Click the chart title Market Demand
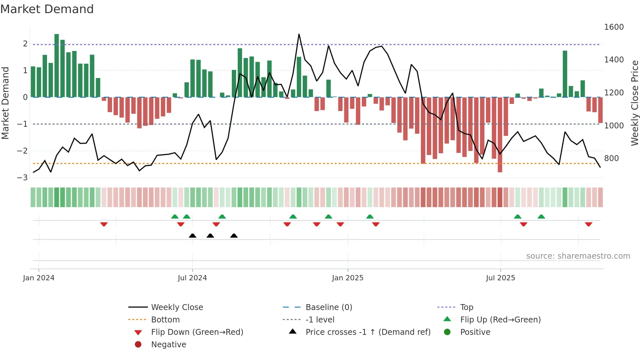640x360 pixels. [47, 9]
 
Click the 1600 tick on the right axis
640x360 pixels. [614, 27]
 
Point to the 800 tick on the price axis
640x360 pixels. [611, 158]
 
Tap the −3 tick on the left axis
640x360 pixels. [23, 178]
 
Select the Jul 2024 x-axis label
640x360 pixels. [192, 278]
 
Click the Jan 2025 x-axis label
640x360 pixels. [347, 278]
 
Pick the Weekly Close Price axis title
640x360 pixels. [634, 103]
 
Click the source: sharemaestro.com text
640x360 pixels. [578, 256]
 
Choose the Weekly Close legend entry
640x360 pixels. [177, 307]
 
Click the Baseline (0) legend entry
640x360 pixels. [328, 307]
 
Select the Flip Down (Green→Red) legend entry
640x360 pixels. [197, 332]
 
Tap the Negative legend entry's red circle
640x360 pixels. [138, 345]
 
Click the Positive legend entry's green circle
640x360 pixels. [447, 332]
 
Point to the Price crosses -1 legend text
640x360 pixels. [368, 332]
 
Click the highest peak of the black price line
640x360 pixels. [299, 35]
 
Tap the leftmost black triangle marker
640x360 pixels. [192, 236]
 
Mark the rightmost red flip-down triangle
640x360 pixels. [588, 224]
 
